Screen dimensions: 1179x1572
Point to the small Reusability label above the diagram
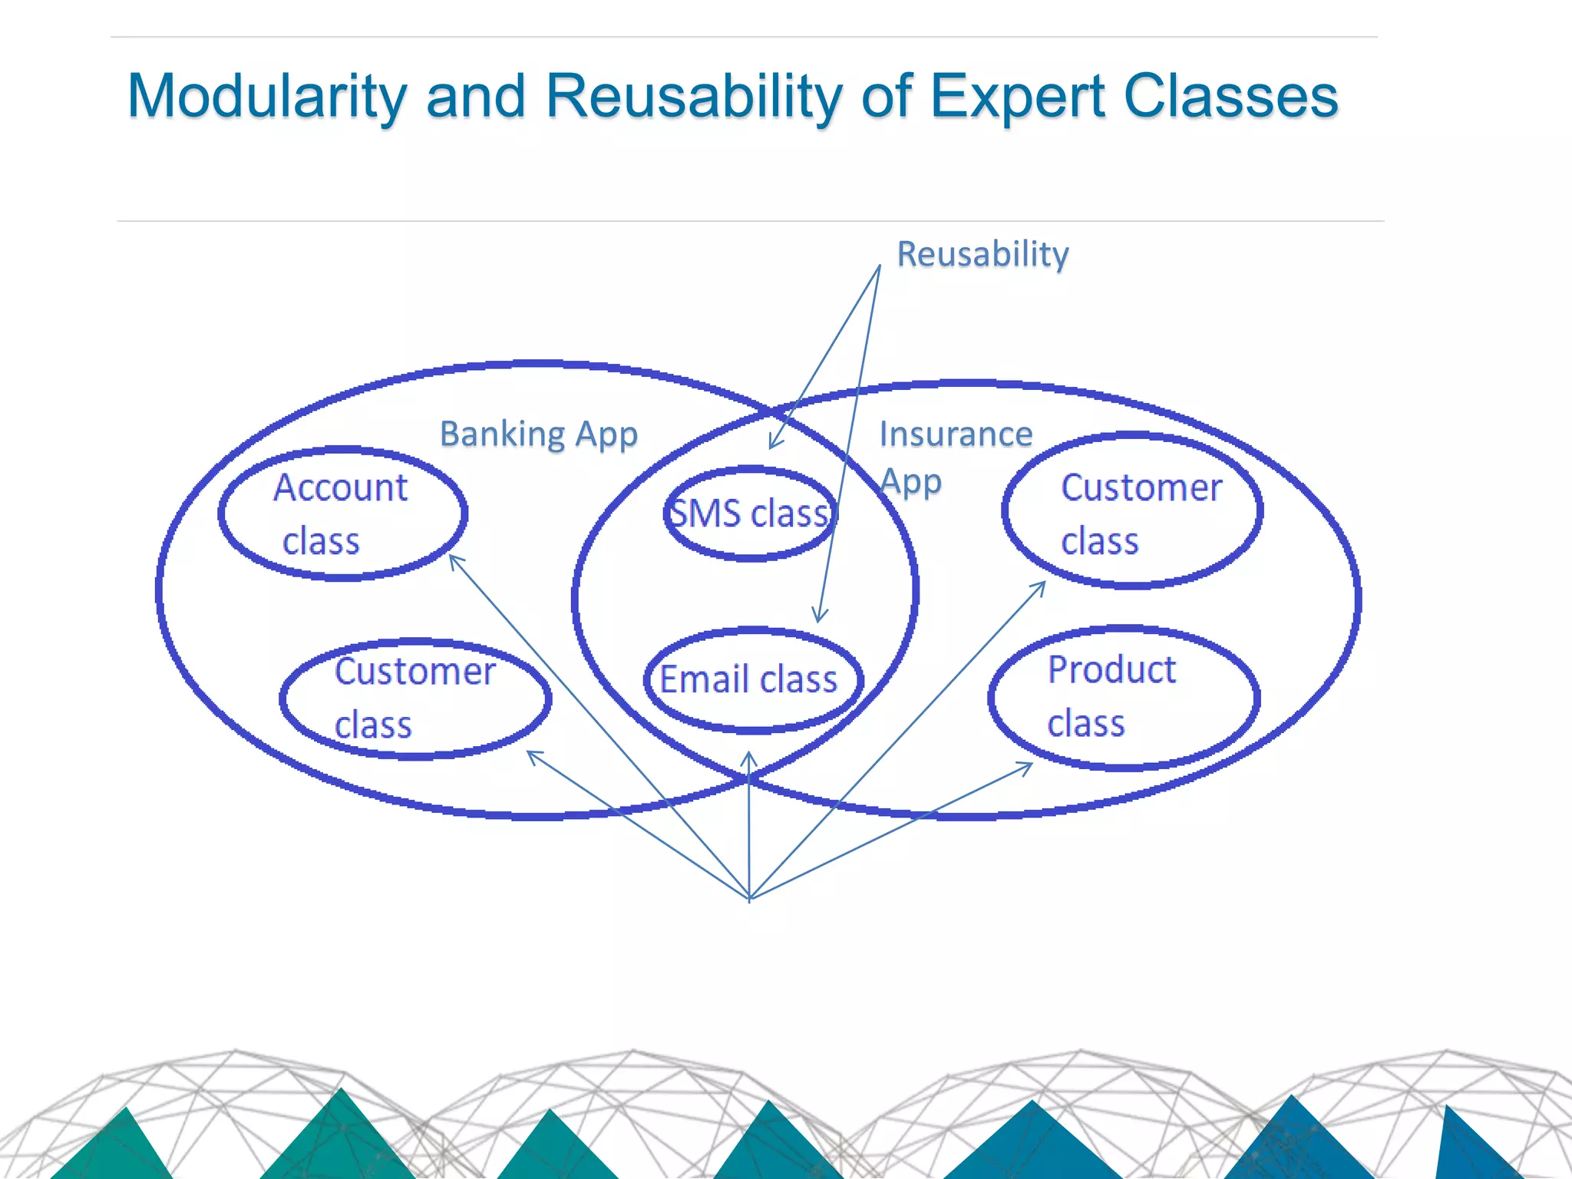[982, 254]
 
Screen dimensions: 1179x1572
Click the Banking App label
[538, 434]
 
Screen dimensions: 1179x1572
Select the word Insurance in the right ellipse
[956, 434]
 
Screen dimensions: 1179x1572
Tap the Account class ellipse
[342, 513]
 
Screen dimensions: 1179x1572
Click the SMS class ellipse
[750, 514]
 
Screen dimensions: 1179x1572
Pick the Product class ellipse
[1123, 697]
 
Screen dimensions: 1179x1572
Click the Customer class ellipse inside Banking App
[414, 698]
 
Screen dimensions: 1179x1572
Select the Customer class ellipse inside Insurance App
[1131, 511]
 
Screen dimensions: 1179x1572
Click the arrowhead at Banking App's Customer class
[530, 753]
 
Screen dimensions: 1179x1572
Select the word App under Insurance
[911, 482]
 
